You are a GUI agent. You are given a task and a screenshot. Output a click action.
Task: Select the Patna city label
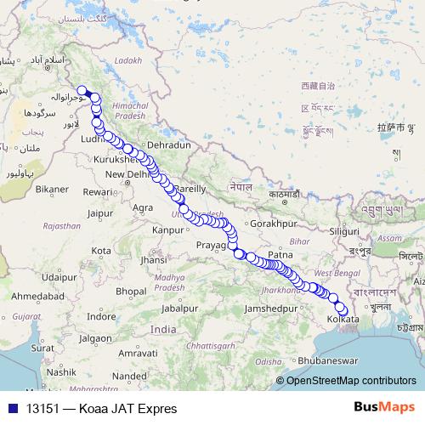point(280,254)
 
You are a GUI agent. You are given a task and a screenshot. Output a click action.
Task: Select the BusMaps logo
point(384,408)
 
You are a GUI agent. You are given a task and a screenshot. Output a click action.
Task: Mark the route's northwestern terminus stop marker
point(82,91)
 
